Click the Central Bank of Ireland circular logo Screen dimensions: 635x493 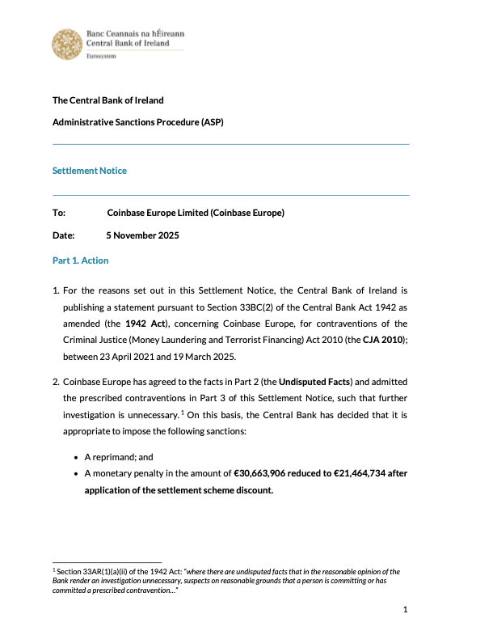tap(66, 44)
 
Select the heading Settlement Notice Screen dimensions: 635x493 tap(90, 171)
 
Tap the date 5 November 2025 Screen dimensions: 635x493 tap(142, 236)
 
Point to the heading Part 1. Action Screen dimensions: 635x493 tap(80, 260)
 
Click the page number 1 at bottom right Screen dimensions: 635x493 tap(405, 609)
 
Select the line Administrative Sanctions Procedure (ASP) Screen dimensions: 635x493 tap(137, 123)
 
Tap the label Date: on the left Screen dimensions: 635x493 tap(63, 236)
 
